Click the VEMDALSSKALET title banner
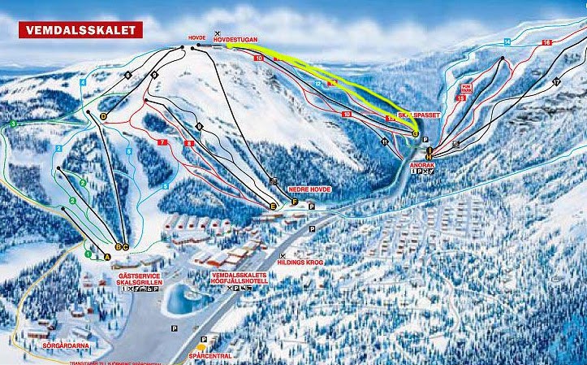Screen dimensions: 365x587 click(x=80, y=30)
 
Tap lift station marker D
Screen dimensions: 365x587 click(x=103, y=116)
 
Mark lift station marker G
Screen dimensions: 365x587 click(x=415, y=133)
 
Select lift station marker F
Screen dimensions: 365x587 click(x=294, y=202)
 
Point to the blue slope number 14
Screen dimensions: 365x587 click(x=507, y=41)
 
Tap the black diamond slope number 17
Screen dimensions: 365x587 click(x=556, y=82)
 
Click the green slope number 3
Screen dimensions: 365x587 click(x=13, y=124)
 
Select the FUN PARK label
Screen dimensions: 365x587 click(x=466, y=86)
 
